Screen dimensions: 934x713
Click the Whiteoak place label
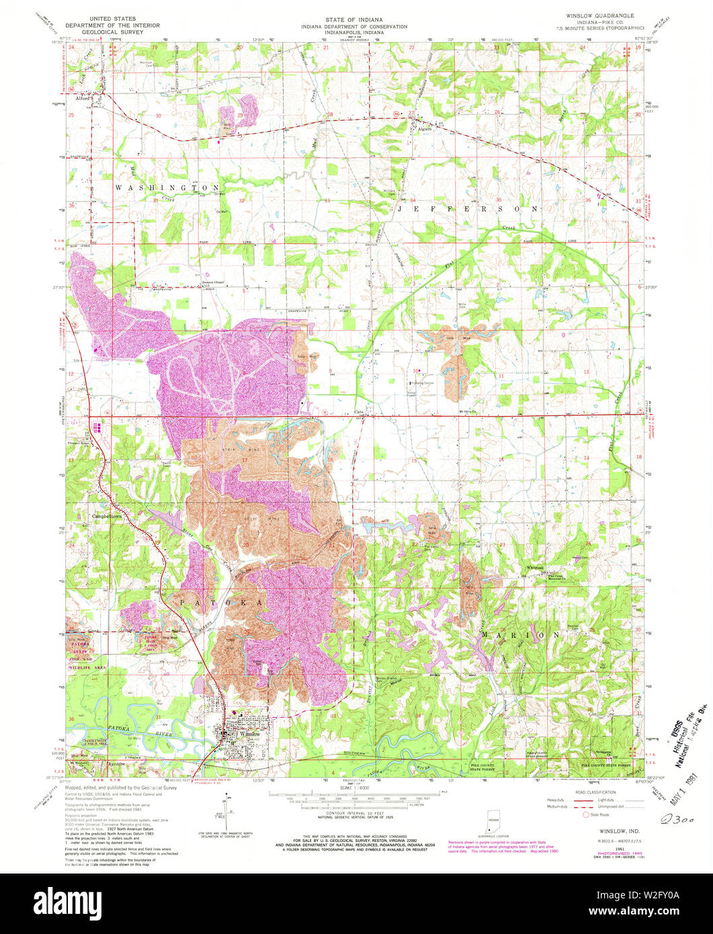pyautogui.click(x=535, y=568)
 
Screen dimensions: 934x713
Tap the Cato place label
pyautogui.click(x=359, y=412)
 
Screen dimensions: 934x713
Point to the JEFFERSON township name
pyautogui.click(x=468, y=209)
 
